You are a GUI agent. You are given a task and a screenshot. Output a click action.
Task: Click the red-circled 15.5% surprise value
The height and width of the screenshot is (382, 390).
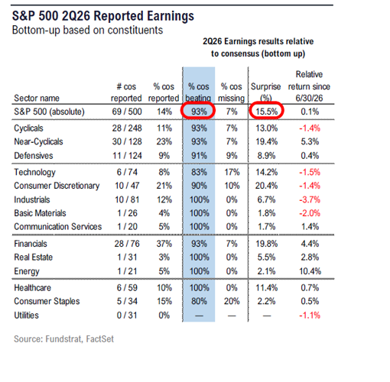point(267,112)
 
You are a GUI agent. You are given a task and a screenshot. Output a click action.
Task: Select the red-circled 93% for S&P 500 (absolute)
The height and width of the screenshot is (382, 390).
point(199,112)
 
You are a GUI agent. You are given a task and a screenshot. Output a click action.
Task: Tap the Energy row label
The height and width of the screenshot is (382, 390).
point(27,271)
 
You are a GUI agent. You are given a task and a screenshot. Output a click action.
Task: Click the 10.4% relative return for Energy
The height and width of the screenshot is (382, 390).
point(310,271)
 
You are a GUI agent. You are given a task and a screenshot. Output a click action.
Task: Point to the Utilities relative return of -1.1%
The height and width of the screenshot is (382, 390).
point(310,316)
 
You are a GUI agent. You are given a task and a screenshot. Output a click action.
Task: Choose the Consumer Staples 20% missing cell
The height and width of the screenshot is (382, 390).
point(232,301)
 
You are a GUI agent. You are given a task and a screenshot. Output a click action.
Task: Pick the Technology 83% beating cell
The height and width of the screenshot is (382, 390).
point(199,172)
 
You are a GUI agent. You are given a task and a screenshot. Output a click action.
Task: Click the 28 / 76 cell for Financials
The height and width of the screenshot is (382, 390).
point(127,244)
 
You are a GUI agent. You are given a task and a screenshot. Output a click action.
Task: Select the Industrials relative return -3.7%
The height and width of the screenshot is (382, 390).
point(310,199)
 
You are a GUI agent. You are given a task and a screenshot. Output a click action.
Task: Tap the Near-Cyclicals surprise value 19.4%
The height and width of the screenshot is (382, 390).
point(267,141)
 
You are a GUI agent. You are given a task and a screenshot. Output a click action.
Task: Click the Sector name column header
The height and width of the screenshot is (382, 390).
point(37,98)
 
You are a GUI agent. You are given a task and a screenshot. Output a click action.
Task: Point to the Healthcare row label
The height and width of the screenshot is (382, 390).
point(33,288)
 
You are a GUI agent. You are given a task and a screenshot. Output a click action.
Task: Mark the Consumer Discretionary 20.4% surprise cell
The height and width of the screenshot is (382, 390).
point(266,186)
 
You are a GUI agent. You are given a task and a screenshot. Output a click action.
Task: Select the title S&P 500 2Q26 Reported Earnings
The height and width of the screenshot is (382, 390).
point(103,16)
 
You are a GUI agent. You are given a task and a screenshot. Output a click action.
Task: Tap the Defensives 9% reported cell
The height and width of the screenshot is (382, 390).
point(164,156)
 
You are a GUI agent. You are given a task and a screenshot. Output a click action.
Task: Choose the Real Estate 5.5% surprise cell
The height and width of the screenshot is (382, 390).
point(266,257)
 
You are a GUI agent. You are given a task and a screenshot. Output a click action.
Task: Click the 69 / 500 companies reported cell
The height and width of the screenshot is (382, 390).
point(127,112)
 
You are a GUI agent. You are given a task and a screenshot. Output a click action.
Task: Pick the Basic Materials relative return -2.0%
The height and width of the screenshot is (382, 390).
point(310,213)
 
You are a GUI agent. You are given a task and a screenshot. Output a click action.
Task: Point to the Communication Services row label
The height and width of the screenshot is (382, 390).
point(58,227)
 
